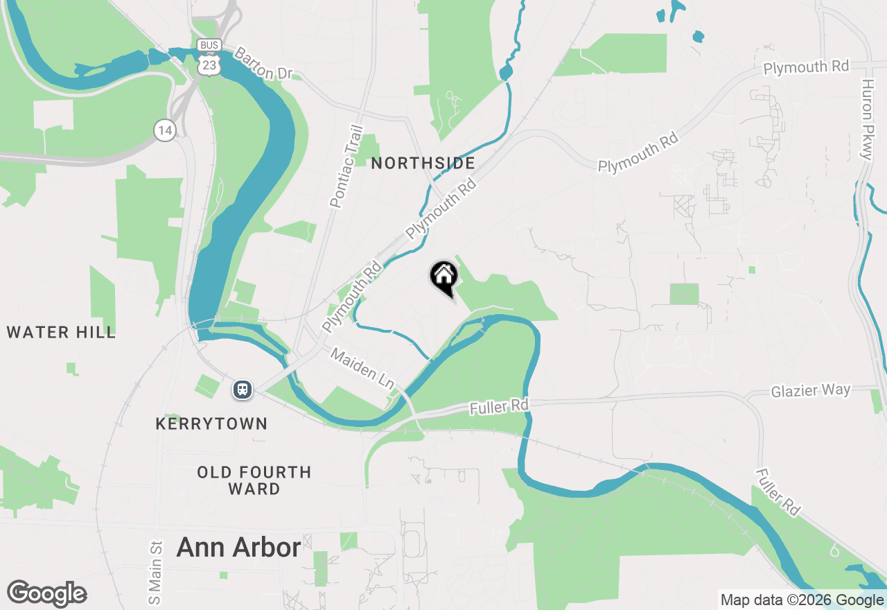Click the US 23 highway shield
click(x=209, y=64)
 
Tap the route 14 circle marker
click(x=164, y=130)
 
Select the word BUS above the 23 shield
click(x=209, y=45)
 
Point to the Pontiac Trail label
click(x=347, y=166)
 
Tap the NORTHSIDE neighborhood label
click(x=423, y=164)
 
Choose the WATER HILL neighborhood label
click(x=61, y=333)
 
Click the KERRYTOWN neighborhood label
click(x=211, y=424)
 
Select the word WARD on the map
click(x=254, y=489)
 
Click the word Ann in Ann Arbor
click(x=201, y=548)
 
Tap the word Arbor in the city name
click(x=267, y=548)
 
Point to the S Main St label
click(x=155, y=572)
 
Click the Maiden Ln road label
click(x=362, y=368)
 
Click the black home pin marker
click(x=443, y=277)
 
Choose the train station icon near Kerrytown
click(x=242, y=390)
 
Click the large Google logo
click(x=46, y=594)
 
